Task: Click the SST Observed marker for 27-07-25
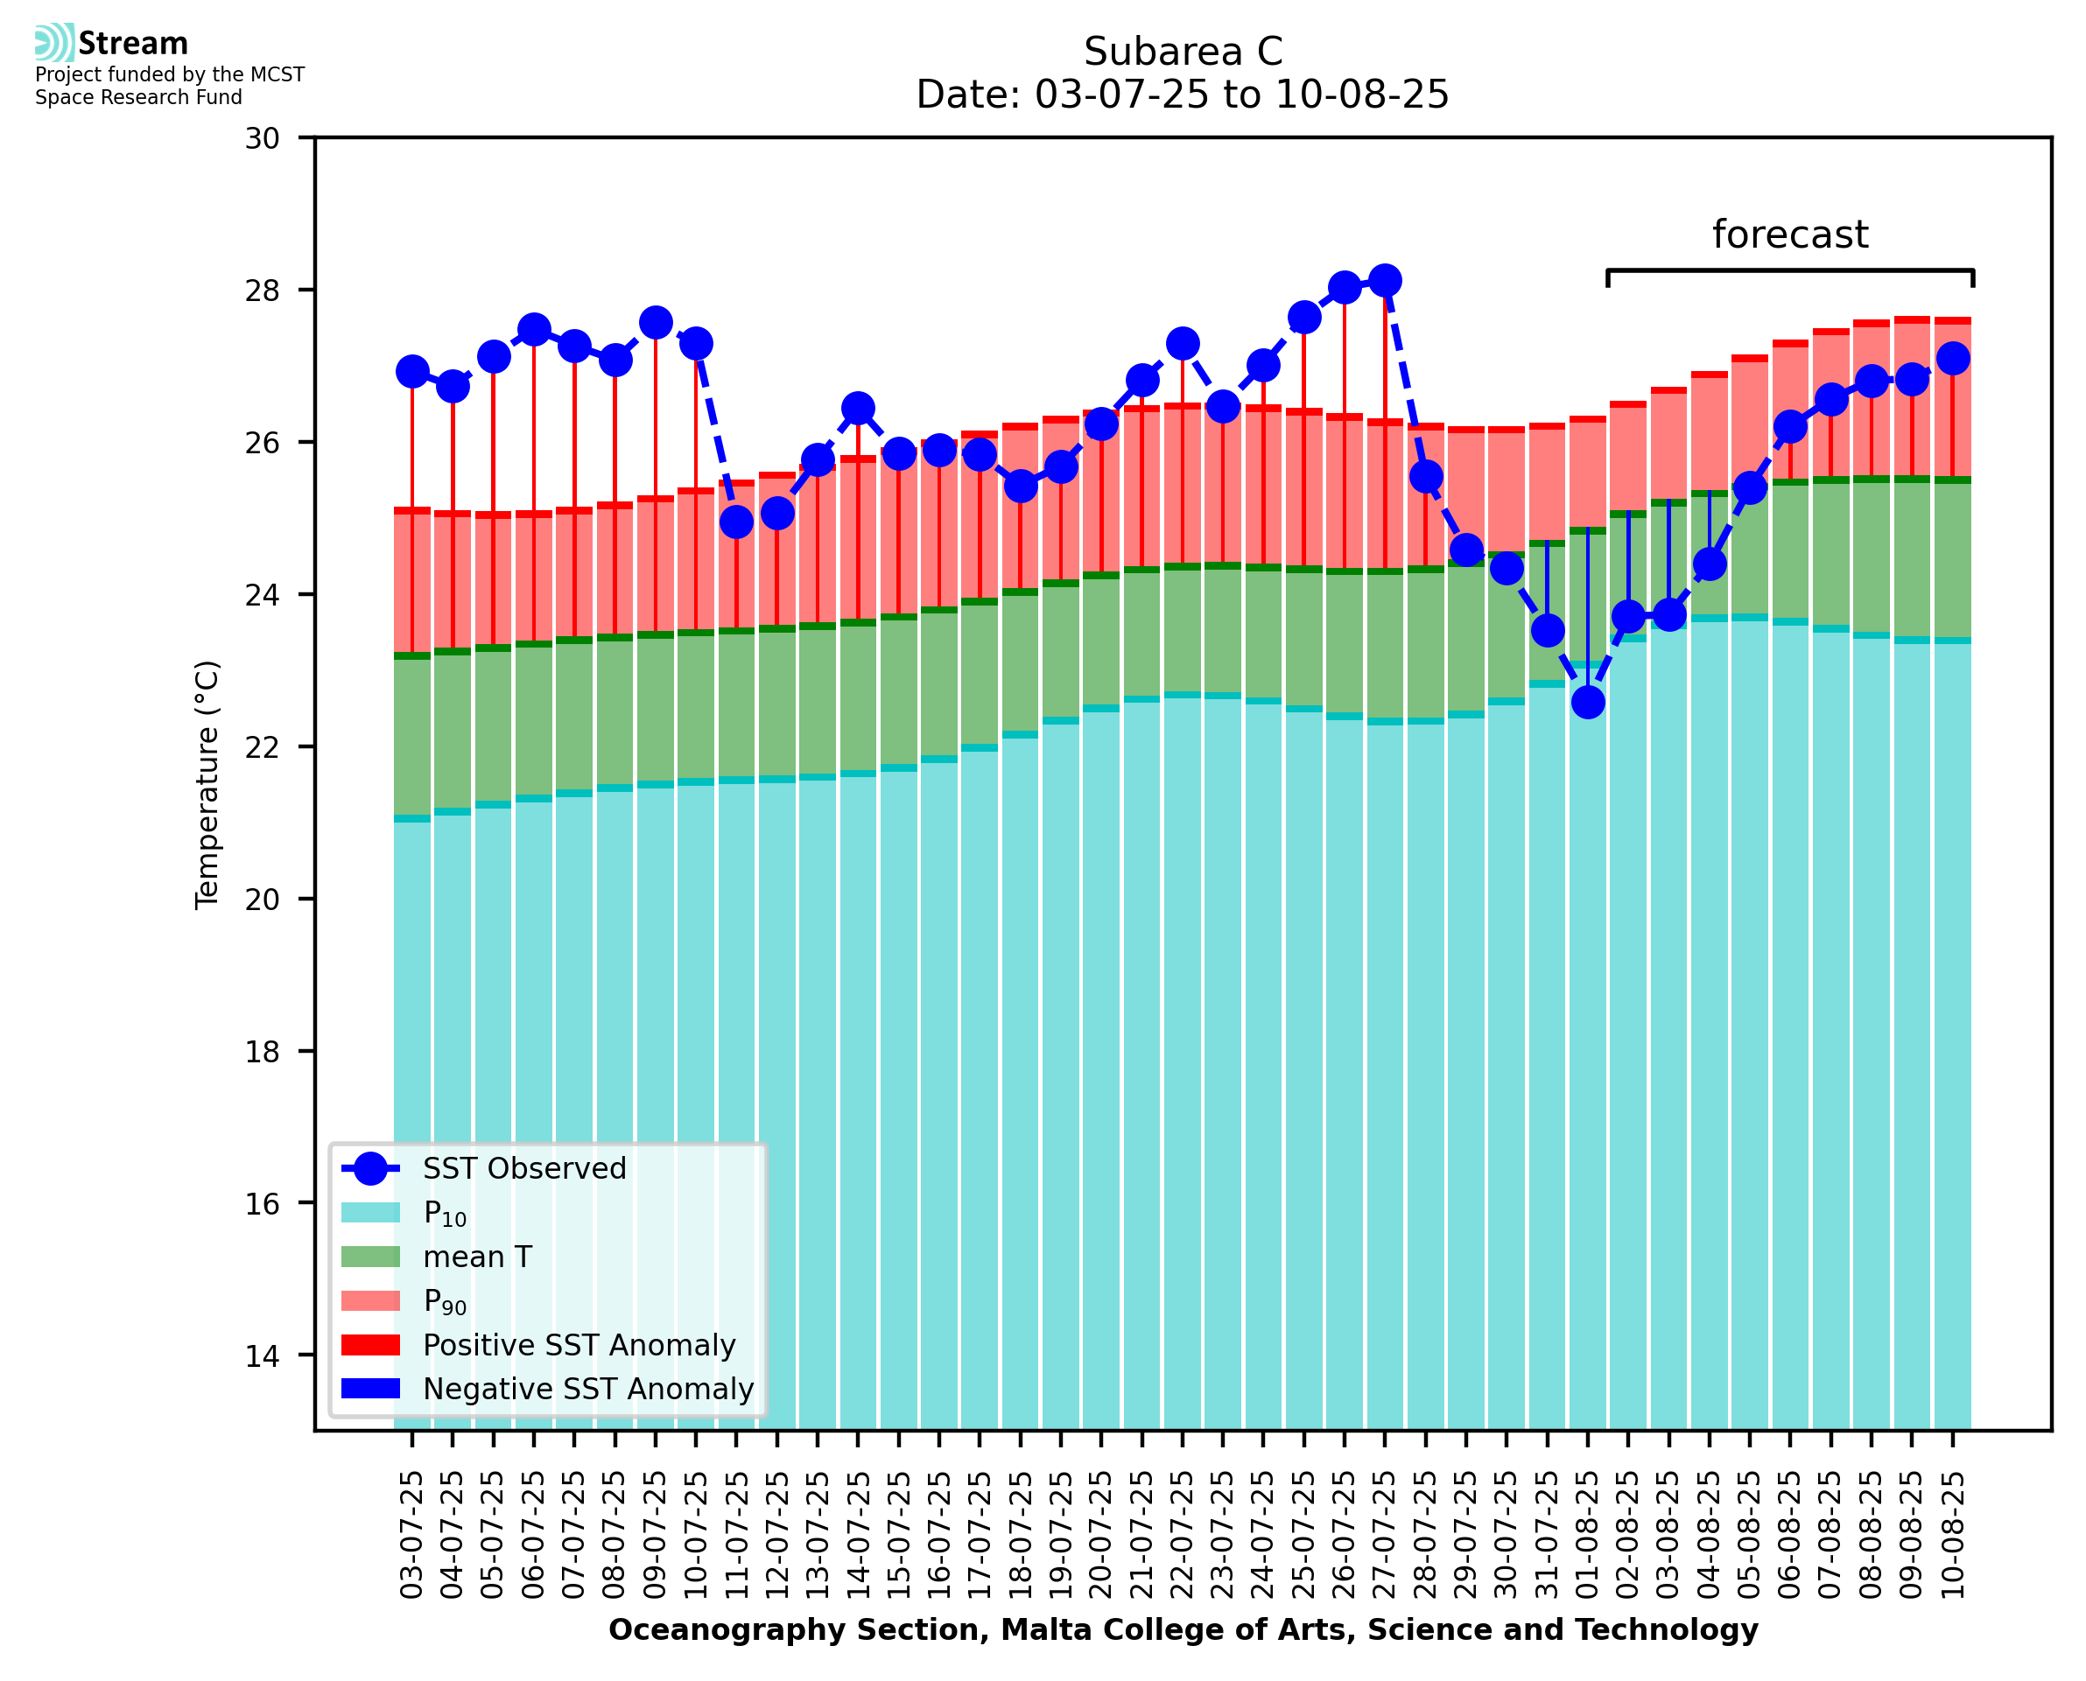point(1384,281)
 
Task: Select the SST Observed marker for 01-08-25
point(1587,702)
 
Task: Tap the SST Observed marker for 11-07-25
point(736,522)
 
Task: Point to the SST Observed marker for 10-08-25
point(1952,358)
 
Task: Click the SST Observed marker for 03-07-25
point(412,372)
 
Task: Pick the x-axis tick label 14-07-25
point(858,1535)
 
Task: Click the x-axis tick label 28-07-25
point(1425,1535)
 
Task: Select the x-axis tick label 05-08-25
point(1749,1535)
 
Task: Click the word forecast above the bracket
point(1789,235)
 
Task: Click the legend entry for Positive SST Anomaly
point(578,1345)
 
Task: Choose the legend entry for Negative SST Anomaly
point(588,1389)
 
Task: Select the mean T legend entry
point(477,1257)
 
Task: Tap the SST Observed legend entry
point(524,1169)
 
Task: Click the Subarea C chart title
point(1183,52)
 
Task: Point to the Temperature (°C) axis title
point(207,784)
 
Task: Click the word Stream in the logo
point(133,44)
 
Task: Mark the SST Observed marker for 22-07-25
point(1182,344)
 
